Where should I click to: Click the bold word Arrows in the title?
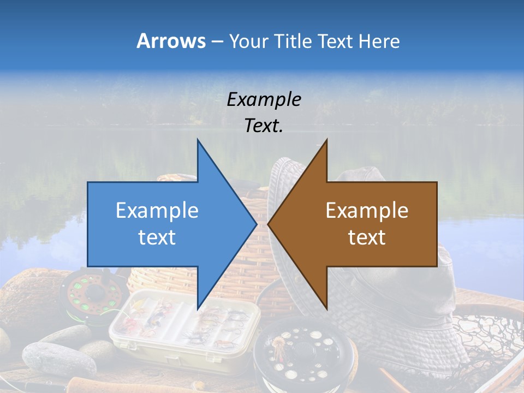(171, 41)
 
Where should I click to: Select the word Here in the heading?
(379, 41)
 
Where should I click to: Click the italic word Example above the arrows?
(264, 99)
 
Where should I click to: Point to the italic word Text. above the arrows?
(264, 126)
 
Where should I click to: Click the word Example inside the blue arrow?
(157, 210)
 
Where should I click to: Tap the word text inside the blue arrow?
(157, 237)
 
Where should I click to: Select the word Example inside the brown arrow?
(367, 210)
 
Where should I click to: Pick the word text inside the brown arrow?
(367, 237)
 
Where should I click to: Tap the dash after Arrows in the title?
(216, 41)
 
